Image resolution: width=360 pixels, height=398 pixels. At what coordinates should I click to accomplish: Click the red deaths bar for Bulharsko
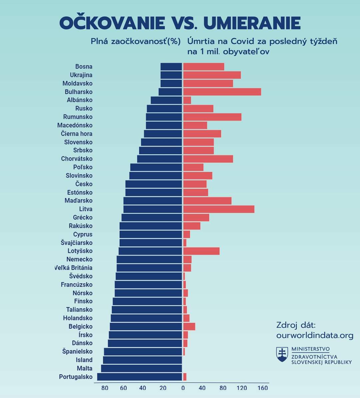[222, 92]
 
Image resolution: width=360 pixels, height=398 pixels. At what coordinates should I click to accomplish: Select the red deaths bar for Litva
[218, 209]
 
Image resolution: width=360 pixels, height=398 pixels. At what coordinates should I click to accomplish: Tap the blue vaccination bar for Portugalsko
[139, 377]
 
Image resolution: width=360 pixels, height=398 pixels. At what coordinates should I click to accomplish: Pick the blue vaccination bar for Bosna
[171, 67]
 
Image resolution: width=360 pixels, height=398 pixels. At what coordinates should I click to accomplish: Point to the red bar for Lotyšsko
[201, 251]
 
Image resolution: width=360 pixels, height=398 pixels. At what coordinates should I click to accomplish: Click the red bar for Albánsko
[187, 100]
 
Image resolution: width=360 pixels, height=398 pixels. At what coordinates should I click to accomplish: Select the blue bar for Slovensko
[161, 142]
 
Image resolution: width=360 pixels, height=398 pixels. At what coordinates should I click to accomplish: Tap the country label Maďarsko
[78, 201]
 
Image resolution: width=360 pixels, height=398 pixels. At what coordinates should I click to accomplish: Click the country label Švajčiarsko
[76, 243]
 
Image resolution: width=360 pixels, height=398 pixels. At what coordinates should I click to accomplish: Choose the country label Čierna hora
[76, 134]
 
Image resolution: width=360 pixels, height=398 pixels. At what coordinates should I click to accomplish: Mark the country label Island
[84, 360]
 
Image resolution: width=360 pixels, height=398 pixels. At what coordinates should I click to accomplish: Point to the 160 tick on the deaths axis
[263, 388]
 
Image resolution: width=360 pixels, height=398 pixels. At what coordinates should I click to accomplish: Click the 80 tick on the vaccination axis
[105, 388]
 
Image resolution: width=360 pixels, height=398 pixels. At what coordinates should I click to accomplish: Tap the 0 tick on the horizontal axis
[183, 388]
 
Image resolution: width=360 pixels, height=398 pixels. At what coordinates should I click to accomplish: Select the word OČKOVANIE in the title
[112, 23]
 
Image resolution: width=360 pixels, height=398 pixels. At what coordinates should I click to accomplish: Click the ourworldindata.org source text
[315, 335]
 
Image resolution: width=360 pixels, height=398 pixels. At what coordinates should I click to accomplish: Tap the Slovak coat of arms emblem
[282, 354]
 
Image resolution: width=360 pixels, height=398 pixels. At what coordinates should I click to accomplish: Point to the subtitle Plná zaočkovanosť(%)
[135, 42]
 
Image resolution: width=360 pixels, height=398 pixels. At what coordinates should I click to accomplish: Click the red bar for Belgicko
[189, 327]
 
